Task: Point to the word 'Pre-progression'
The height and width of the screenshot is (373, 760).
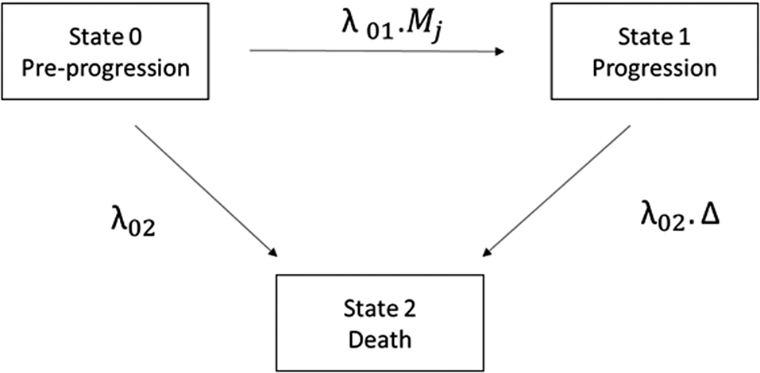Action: coord(128,68)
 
